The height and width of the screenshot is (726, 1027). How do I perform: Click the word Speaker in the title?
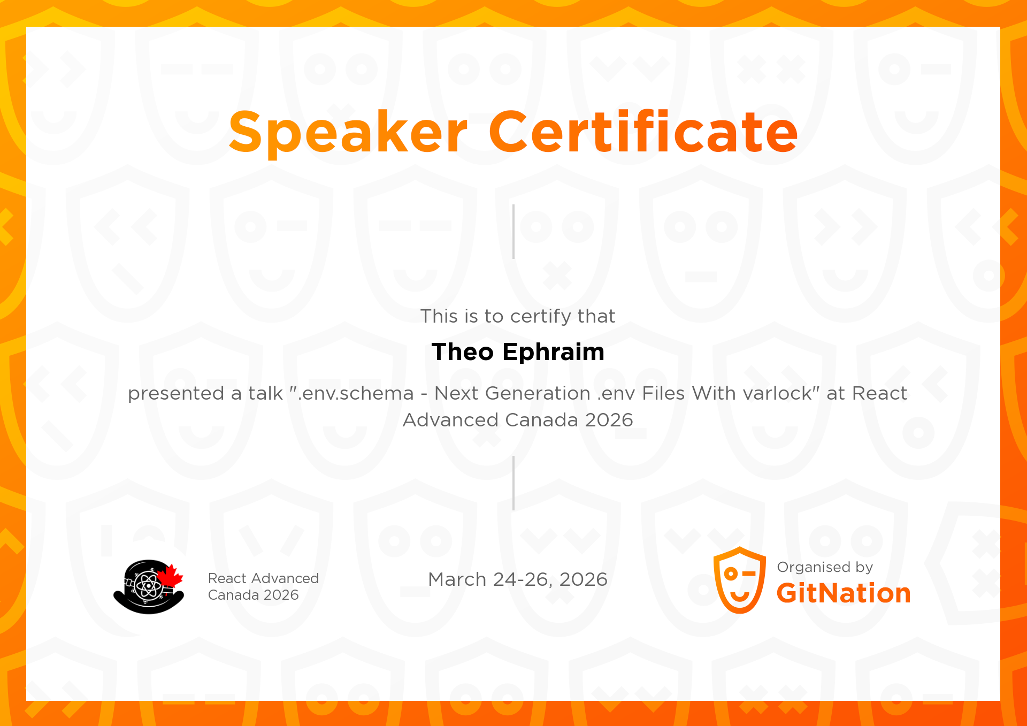[348, 132]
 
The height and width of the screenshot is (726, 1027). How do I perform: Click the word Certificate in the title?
[643, 131]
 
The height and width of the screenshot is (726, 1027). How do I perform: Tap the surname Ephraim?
[554, 353]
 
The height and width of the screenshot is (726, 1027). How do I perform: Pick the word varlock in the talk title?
[777, 393]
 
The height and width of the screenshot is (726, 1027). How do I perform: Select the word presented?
[176, 394]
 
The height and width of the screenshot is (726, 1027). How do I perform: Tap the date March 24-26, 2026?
[518, 579]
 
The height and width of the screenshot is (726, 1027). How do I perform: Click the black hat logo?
[149, 587]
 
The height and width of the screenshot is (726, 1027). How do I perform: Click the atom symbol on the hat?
[148, 586]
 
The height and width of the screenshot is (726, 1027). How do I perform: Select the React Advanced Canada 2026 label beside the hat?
[263, 586]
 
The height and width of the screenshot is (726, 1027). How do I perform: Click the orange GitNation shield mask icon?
[740, 580]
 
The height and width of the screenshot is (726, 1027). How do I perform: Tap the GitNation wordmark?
[844, 593]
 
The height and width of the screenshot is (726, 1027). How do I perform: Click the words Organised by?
[825, 567]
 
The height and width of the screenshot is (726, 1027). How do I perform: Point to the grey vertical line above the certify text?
[513, 232]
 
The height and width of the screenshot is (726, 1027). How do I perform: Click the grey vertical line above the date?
[513, 483]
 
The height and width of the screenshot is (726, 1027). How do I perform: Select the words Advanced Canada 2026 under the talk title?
[518, 420]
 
